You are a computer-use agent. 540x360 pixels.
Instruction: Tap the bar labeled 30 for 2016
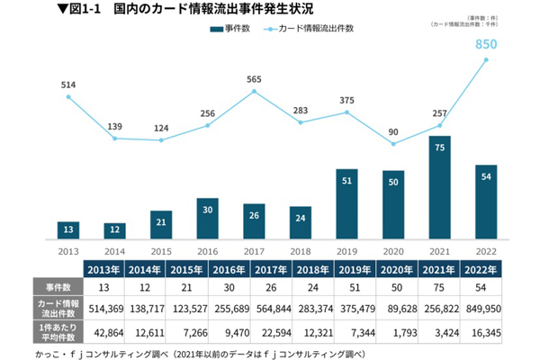pyautogui.click(x=208, y=216)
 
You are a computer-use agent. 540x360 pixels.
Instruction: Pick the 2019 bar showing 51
pyautogui.click(x=347, y=202)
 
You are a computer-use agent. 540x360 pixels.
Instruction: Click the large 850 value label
pyautogui.click(x=487, y=43)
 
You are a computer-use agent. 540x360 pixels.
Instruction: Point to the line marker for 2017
pyautogui.click(x=255, y=91)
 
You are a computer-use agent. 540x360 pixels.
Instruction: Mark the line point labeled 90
pyautogui.click(x=394, y=142)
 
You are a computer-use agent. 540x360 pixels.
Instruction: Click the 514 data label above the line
pyautogui.click(x=68, y=85)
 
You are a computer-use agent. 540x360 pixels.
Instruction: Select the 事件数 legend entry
pyautogui.click(x=230, y=30)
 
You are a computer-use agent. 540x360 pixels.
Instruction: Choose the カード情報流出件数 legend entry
pyautogui.click(x=315, y=30)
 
